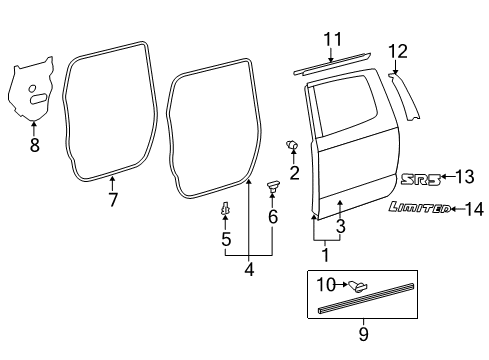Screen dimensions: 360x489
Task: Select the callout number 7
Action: [113, 199]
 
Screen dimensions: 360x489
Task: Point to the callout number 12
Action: [398, 50]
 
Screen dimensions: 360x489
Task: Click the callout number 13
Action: [463, 177]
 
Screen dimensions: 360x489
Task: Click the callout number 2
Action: [294, 173]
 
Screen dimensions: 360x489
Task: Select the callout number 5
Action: [226, 239]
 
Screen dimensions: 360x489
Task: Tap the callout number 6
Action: [273, 217]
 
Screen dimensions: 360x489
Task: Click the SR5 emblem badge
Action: [420, 178]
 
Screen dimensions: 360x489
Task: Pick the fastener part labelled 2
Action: [293, 147]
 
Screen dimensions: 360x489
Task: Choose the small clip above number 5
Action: [226, 209]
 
